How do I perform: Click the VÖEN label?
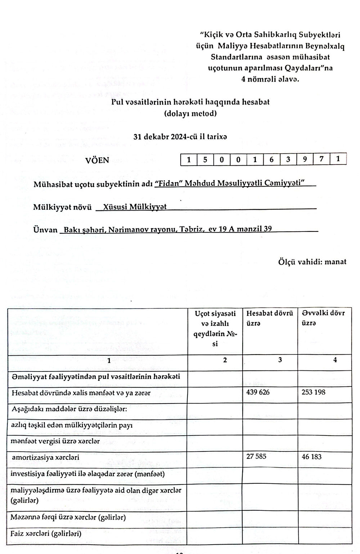pos(97,160)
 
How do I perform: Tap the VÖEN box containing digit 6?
pos(271,159)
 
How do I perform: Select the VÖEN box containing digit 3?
pos(288,159)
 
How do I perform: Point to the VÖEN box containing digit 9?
pos(305,159)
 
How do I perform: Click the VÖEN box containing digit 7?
pos(321,159)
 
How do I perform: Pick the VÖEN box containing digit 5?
pos(205,159)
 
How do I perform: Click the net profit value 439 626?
pos(258,392)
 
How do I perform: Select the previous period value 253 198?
pos(314,392)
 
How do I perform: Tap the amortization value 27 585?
pos(256,457)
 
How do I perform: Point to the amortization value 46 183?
pos(312,457)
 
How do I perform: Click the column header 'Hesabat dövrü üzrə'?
pos(270,318)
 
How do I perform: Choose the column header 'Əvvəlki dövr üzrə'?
pos(323,318)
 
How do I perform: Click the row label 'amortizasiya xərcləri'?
pos(45,458)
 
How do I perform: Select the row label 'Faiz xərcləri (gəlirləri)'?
pos(46,533)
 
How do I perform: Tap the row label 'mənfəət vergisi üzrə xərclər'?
pos(55,441)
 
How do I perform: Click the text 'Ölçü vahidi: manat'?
pos(312,262)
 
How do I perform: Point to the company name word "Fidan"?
pos(168,183)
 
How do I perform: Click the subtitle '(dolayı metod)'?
pos(190,114)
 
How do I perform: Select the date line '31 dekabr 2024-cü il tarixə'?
pos(180,137)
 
